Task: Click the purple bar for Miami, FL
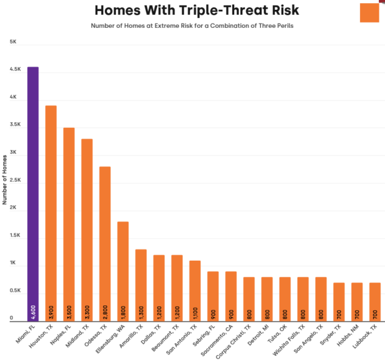pyautogui.click(x=33, y=192)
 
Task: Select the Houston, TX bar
pyautogui.click(x=51, y=211)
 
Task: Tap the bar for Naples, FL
pyautogui.click(x=69, y=223)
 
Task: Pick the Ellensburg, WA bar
pyautogui.click(x=123, y=270)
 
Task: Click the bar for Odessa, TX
pyautogui.click(x=105, y=242)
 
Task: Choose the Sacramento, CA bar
pyautogui.click(x=231, y=295)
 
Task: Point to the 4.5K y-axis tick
pyautogui.click(x=13, y=70)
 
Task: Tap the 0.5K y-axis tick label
pyautogui.click(x=13, y=290)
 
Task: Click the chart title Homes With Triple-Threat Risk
pyautogui.click(x=196, y=11)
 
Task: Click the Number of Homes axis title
pyautogui.click(x=5, y=181)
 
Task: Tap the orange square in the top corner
pyautogui.click(x=369, y=12)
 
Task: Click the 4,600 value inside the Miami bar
pyautogui.click(x=33, y=310)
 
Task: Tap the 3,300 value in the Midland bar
pyautogui.click(x=87, y=310)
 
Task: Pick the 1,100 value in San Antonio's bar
pyautogui.click(x=195, y=310)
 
